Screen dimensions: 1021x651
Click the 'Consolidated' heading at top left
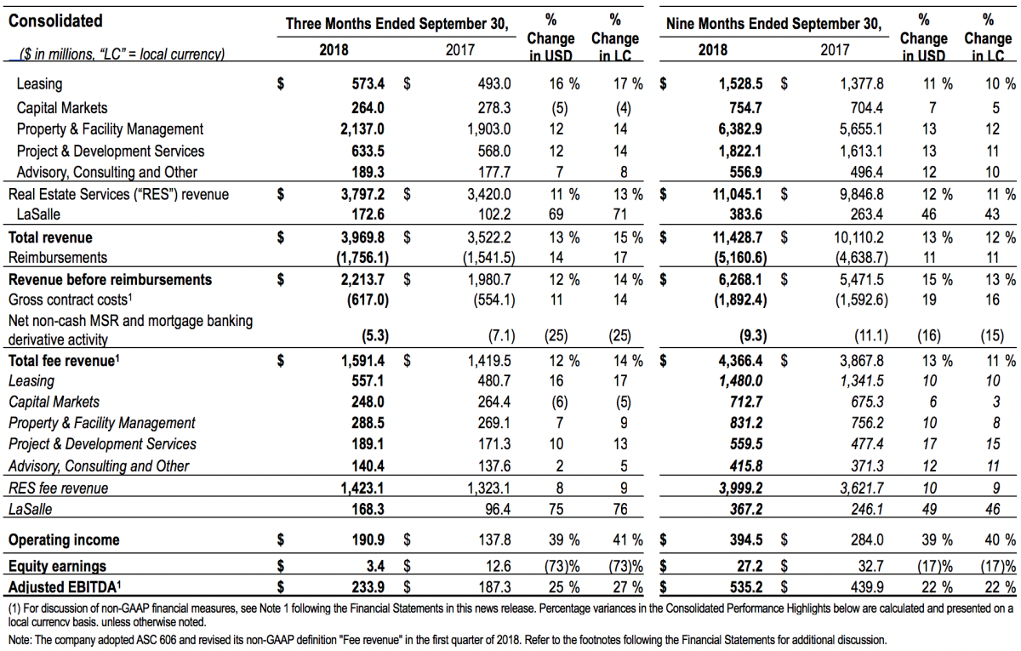[55, 21]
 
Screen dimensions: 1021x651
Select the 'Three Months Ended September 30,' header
[396, 24]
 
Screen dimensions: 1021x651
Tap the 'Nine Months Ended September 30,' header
[773, 24]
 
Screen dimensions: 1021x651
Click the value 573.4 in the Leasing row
[368, 84]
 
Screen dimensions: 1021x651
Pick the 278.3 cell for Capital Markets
[494, 108]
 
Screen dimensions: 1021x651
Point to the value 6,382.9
[739, 129]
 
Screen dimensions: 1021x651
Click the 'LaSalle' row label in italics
[30, 509]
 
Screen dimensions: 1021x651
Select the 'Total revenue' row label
[50, 237]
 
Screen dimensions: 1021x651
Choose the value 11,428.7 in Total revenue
[737, 237]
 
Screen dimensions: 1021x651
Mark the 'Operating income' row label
[64, 540]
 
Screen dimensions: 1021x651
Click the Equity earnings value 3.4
[375, 566]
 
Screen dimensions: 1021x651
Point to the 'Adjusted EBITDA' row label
[65, 586]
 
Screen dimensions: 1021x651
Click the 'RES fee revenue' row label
[59, 488]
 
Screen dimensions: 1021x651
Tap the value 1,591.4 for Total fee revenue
[362, 361]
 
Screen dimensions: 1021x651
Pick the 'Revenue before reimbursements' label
[110, 279]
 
